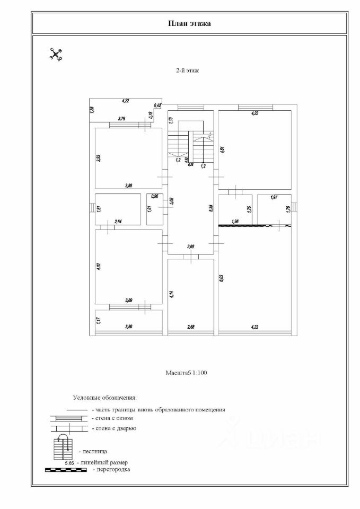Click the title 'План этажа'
tap(189, 23)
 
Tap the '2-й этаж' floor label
tap(187, 70)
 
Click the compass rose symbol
tap(56, 54)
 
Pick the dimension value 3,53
tap(99, 158)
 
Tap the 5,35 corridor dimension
tap(211, 208)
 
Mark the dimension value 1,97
tap(274, 198)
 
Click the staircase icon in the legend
tap(63, 446)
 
